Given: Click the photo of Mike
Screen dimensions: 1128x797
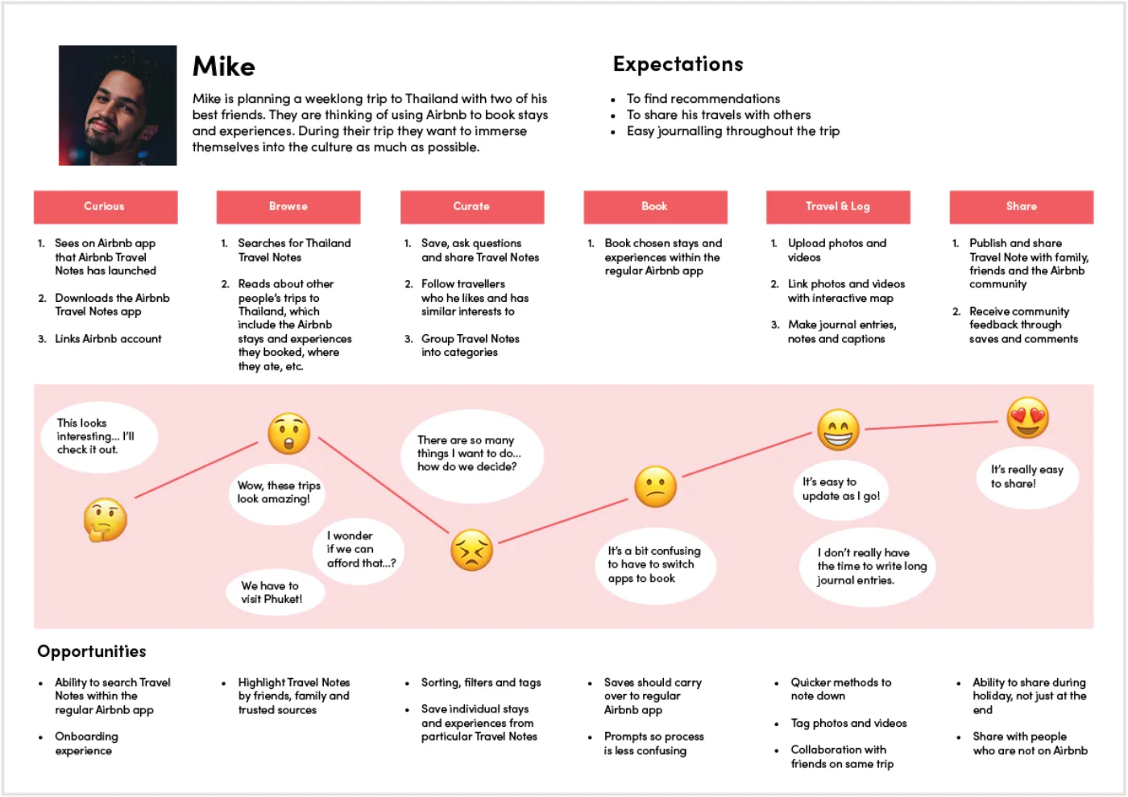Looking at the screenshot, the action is coord(118,105).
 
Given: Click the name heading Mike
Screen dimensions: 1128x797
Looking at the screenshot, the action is coord(224,66).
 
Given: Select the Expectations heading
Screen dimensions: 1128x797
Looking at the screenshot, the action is coord(678,64).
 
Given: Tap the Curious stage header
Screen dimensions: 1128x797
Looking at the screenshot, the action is coord(106,207).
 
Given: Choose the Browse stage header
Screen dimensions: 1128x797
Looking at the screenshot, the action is coord(288,207).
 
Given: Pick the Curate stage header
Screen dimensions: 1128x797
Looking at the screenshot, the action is coord(472,207).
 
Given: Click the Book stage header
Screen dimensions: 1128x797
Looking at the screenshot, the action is coord(656,207).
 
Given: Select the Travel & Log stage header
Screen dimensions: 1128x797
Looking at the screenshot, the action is coord(839,207).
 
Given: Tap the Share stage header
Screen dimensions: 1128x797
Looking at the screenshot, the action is coord(1022,207).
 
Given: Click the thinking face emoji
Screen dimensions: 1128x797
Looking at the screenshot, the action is coord(106,520).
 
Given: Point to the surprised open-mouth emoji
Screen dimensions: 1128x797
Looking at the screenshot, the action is coord(289,433).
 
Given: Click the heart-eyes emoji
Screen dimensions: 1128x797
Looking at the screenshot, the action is coord(1028,417).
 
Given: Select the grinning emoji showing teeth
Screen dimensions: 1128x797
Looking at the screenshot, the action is coord(839,430).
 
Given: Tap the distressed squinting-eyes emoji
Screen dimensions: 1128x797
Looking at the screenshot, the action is coord(472,549).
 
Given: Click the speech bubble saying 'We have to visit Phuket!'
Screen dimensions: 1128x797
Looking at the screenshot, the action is coord(275,593).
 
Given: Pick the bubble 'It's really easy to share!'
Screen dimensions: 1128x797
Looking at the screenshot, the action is coord(1028,477).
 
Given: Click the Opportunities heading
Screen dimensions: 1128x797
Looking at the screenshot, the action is coord(92,651).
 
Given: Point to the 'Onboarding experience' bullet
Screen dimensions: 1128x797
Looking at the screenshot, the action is coord(87,743).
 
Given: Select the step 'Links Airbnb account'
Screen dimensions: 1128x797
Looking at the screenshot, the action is coord(108,339).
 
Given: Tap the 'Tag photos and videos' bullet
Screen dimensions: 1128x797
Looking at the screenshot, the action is coord(848,724).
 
